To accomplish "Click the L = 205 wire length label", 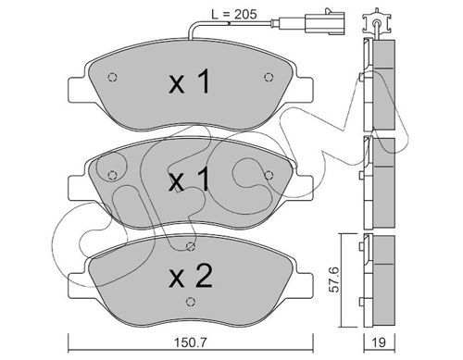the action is (234, 14).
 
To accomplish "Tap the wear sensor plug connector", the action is (324, 22).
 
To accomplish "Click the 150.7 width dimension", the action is (191, 342).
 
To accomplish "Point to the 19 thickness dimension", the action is (379, 342).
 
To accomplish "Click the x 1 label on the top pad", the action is (190, 81).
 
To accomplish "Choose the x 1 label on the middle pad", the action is (190, 180).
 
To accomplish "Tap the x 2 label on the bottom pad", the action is (191, 276).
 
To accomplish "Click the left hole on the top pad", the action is (112, 77).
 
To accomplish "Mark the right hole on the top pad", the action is (269, 77).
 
